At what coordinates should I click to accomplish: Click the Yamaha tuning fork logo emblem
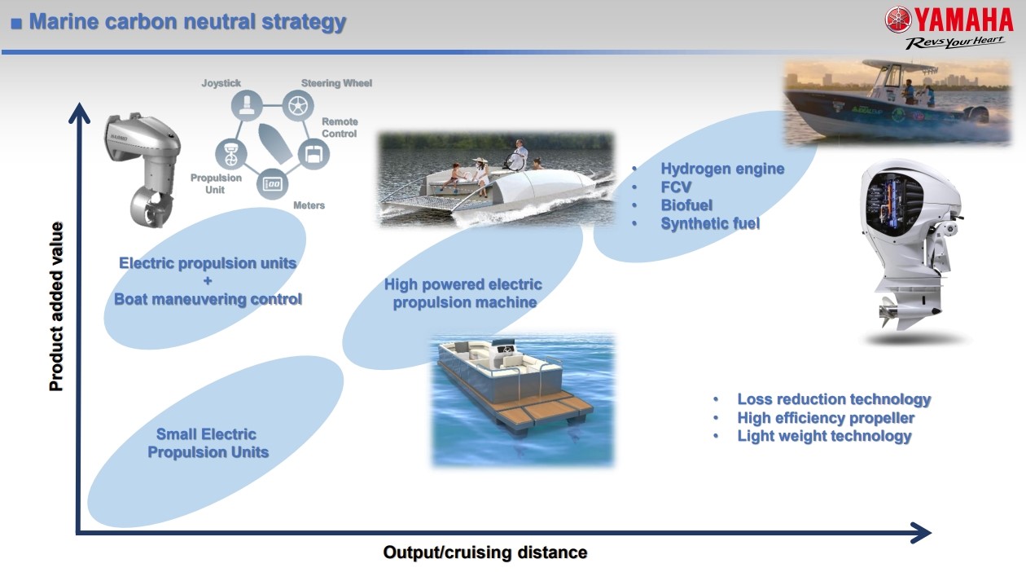[x=898, y=20]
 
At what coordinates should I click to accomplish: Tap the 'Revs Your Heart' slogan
[x=955, y=42]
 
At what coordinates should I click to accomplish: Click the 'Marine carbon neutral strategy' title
[x=187, y=21]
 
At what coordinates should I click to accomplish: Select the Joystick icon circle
[x=247, y=105]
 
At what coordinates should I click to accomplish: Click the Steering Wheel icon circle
[x=298, y=105]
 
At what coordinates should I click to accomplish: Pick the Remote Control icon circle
[x=313, y=154]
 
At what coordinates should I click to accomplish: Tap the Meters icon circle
[x=272, y=184]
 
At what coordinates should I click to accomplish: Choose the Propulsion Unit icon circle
[x=231, y=154]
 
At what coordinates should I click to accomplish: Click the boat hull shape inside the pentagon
[x=274, y=143]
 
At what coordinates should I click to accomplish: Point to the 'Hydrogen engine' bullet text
[x=722, y=169]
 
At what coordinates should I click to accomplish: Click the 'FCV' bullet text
[x=676, y=187]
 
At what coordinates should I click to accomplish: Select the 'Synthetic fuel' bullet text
[x=710, y=223]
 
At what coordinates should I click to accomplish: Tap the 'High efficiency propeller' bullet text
[x=826, y=418]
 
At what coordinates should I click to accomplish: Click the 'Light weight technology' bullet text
[x=824, y=436]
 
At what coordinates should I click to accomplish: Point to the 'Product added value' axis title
[x=56, y=306]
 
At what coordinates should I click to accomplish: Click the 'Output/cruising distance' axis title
[x=485, y=552]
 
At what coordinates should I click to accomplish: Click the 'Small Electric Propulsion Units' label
[x=208, y=443]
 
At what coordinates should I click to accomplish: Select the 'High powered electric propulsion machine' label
[x=463, y=293]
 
